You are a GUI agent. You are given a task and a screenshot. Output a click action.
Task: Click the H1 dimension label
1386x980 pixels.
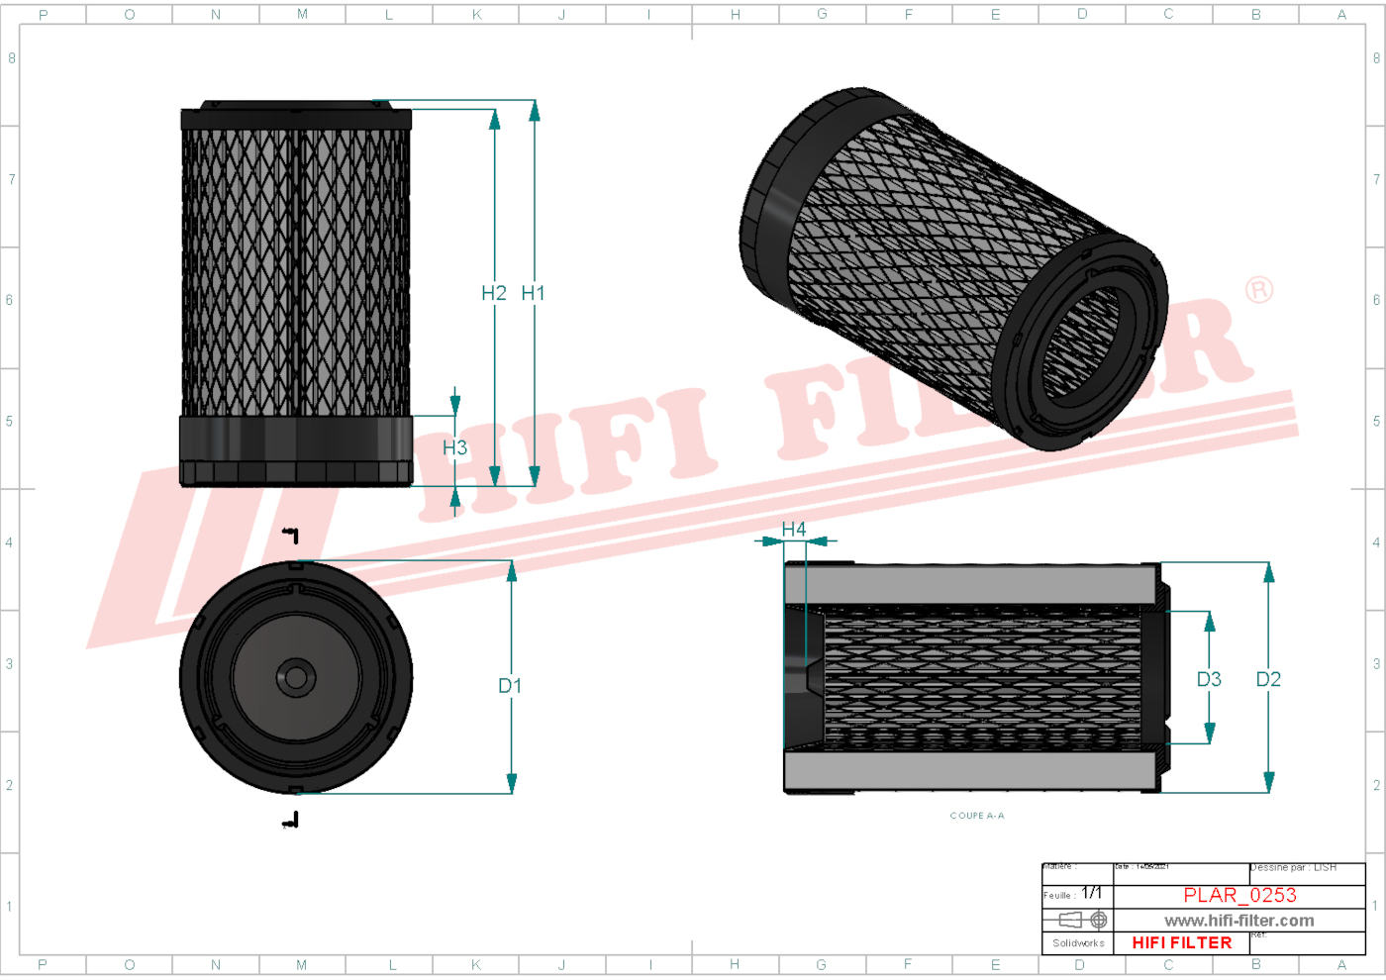533,293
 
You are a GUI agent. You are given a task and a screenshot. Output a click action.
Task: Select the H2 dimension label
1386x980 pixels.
493,293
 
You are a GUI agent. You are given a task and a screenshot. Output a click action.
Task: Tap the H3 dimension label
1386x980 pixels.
454,448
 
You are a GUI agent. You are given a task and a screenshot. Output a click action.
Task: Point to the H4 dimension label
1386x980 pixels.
794,530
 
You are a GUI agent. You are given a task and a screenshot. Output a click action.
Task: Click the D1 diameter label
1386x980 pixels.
510,686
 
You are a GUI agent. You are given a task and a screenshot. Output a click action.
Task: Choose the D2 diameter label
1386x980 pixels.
1268,679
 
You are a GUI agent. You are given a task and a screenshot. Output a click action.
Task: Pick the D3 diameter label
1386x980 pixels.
1209,679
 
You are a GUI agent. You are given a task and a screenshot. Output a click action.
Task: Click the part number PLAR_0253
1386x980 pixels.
1239,895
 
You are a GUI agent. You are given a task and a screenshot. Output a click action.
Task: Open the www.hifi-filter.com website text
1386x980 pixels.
1238,921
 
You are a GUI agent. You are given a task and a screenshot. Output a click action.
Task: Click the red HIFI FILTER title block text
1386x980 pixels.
1182,943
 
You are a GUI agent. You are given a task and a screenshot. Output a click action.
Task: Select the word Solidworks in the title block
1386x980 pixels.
1078,943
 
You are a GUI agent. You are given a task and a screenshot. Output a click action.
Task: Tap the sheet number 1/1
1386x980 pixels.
1091,893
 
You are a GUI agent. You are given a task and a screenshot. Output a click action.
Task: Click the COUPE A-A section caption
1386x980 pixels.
977,816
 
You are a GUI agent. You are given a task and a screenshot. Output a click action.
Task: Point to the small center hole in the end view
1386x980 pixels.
295,678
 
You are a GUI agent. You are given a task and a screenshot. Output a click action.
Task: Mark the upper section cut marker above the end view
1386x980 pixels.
290,536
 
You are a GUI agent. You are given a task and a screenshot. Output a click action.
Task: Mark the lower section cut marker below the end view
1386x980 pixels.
290,820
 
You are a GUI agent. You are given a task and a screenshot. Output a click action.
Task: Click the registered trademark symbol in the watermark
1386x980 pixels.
1259,290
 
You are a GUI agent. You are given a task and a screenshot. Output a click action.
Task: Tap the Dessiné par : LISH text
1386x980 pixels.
1294,868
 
